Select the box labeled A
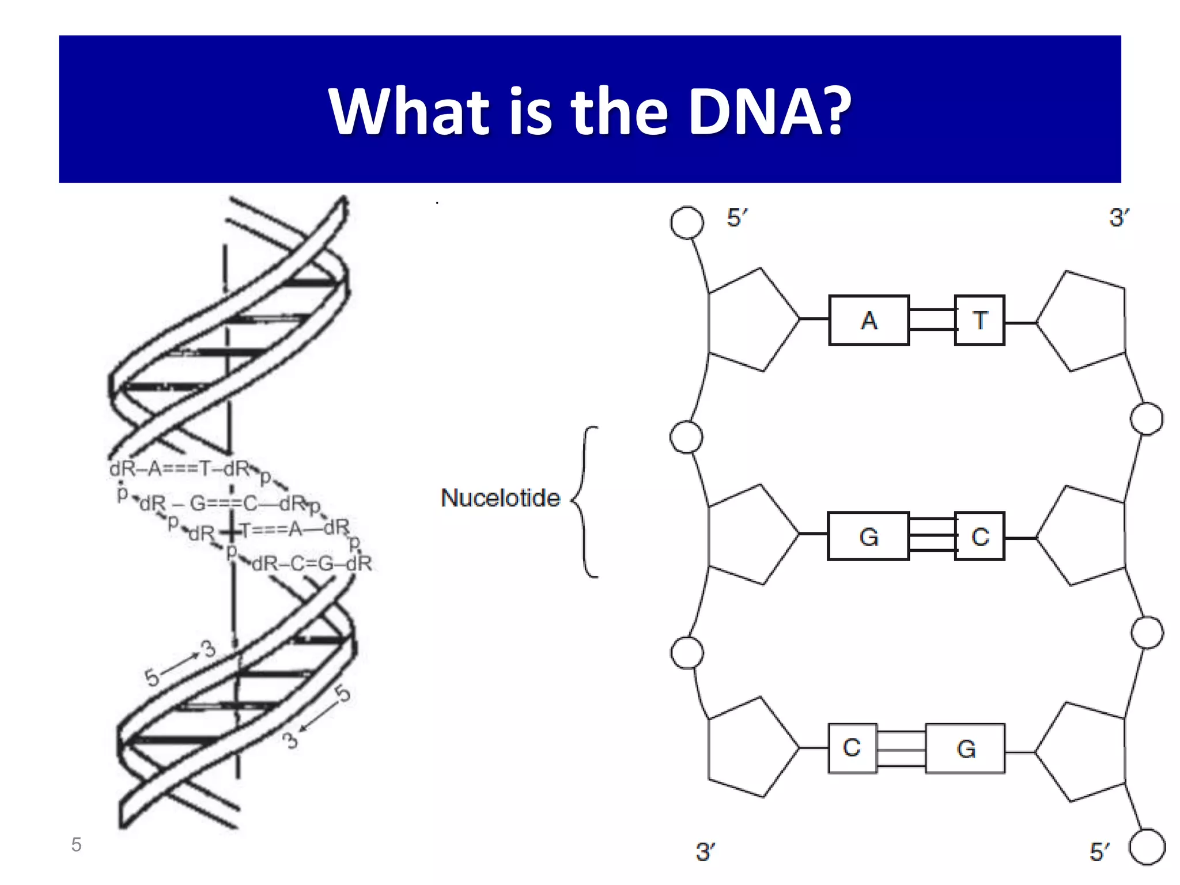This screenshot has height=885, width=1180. tap(868, 320)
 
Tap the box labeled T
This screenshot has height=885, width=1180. tap(979, 320)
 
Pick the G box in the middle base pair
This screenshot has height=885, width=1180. tap(868, 536)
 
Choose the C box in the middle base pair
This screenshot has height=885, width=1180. tap(979, 536)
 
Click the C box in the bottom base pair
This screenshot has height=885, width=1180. tap(852, 748)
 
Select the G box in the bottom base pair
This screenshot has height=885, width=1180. tap(965, 748)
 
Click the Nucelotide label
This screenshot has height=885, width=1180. tap(500, 498)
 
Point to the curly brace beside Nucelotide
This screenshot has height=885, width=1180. tap(585, 501)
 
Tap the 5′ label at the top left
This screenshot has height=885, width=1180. tap(736, 218)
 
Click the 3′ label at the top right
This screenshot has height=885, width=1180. tap(1118, 218)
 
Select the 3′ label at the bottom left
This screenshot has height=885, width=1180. tap(705, 852)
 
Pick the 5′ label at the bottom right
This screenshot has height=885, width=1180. tap(1099, 852)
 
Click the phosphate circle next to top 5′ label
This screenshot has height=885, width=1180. tap(687, 222)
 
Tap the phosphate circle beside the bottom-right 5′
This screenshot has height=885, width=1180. tap(1147, 847)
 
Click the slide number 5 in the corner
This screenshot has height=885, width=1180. tap(76, 845)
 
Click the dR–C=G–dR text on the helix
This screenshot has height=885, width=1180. tap(312, 563)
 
